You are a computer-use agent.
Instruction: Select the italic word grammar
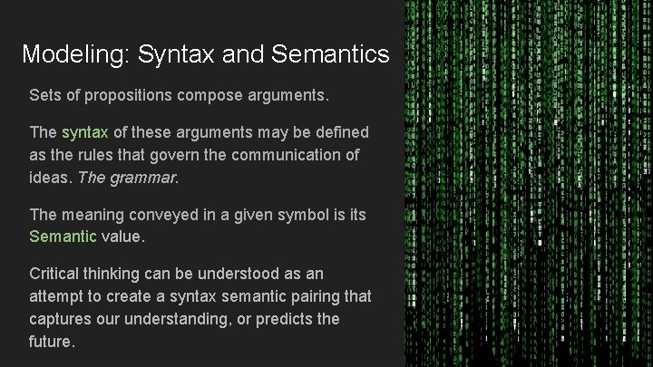tap(144, 178)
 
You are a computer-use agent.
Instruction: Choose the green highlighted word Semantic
tap(63, 237)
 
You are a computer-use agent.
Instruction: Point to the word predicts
tap(278, 319)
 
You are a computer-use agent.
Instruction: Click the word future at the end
tap(51, 342)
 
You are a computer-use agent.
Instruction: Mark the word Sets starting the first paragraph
tap(45, 94)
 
